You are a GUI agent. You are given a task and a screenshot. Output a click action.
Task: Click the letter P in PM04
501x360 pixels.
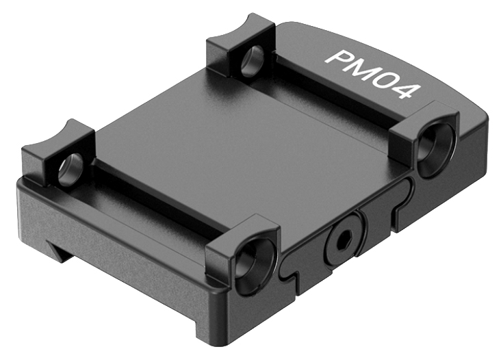pos(337,57)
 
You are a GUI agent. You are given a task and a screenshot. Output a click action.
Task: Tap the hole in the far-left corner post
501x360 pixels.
pos(70,169)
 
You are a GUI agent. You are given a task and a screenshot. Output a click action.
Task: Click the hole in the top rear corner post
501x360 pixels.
pos(253,61)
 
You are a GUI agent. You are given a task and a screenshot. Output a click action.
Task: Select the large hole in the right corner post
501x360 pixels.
pos(436,150)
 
